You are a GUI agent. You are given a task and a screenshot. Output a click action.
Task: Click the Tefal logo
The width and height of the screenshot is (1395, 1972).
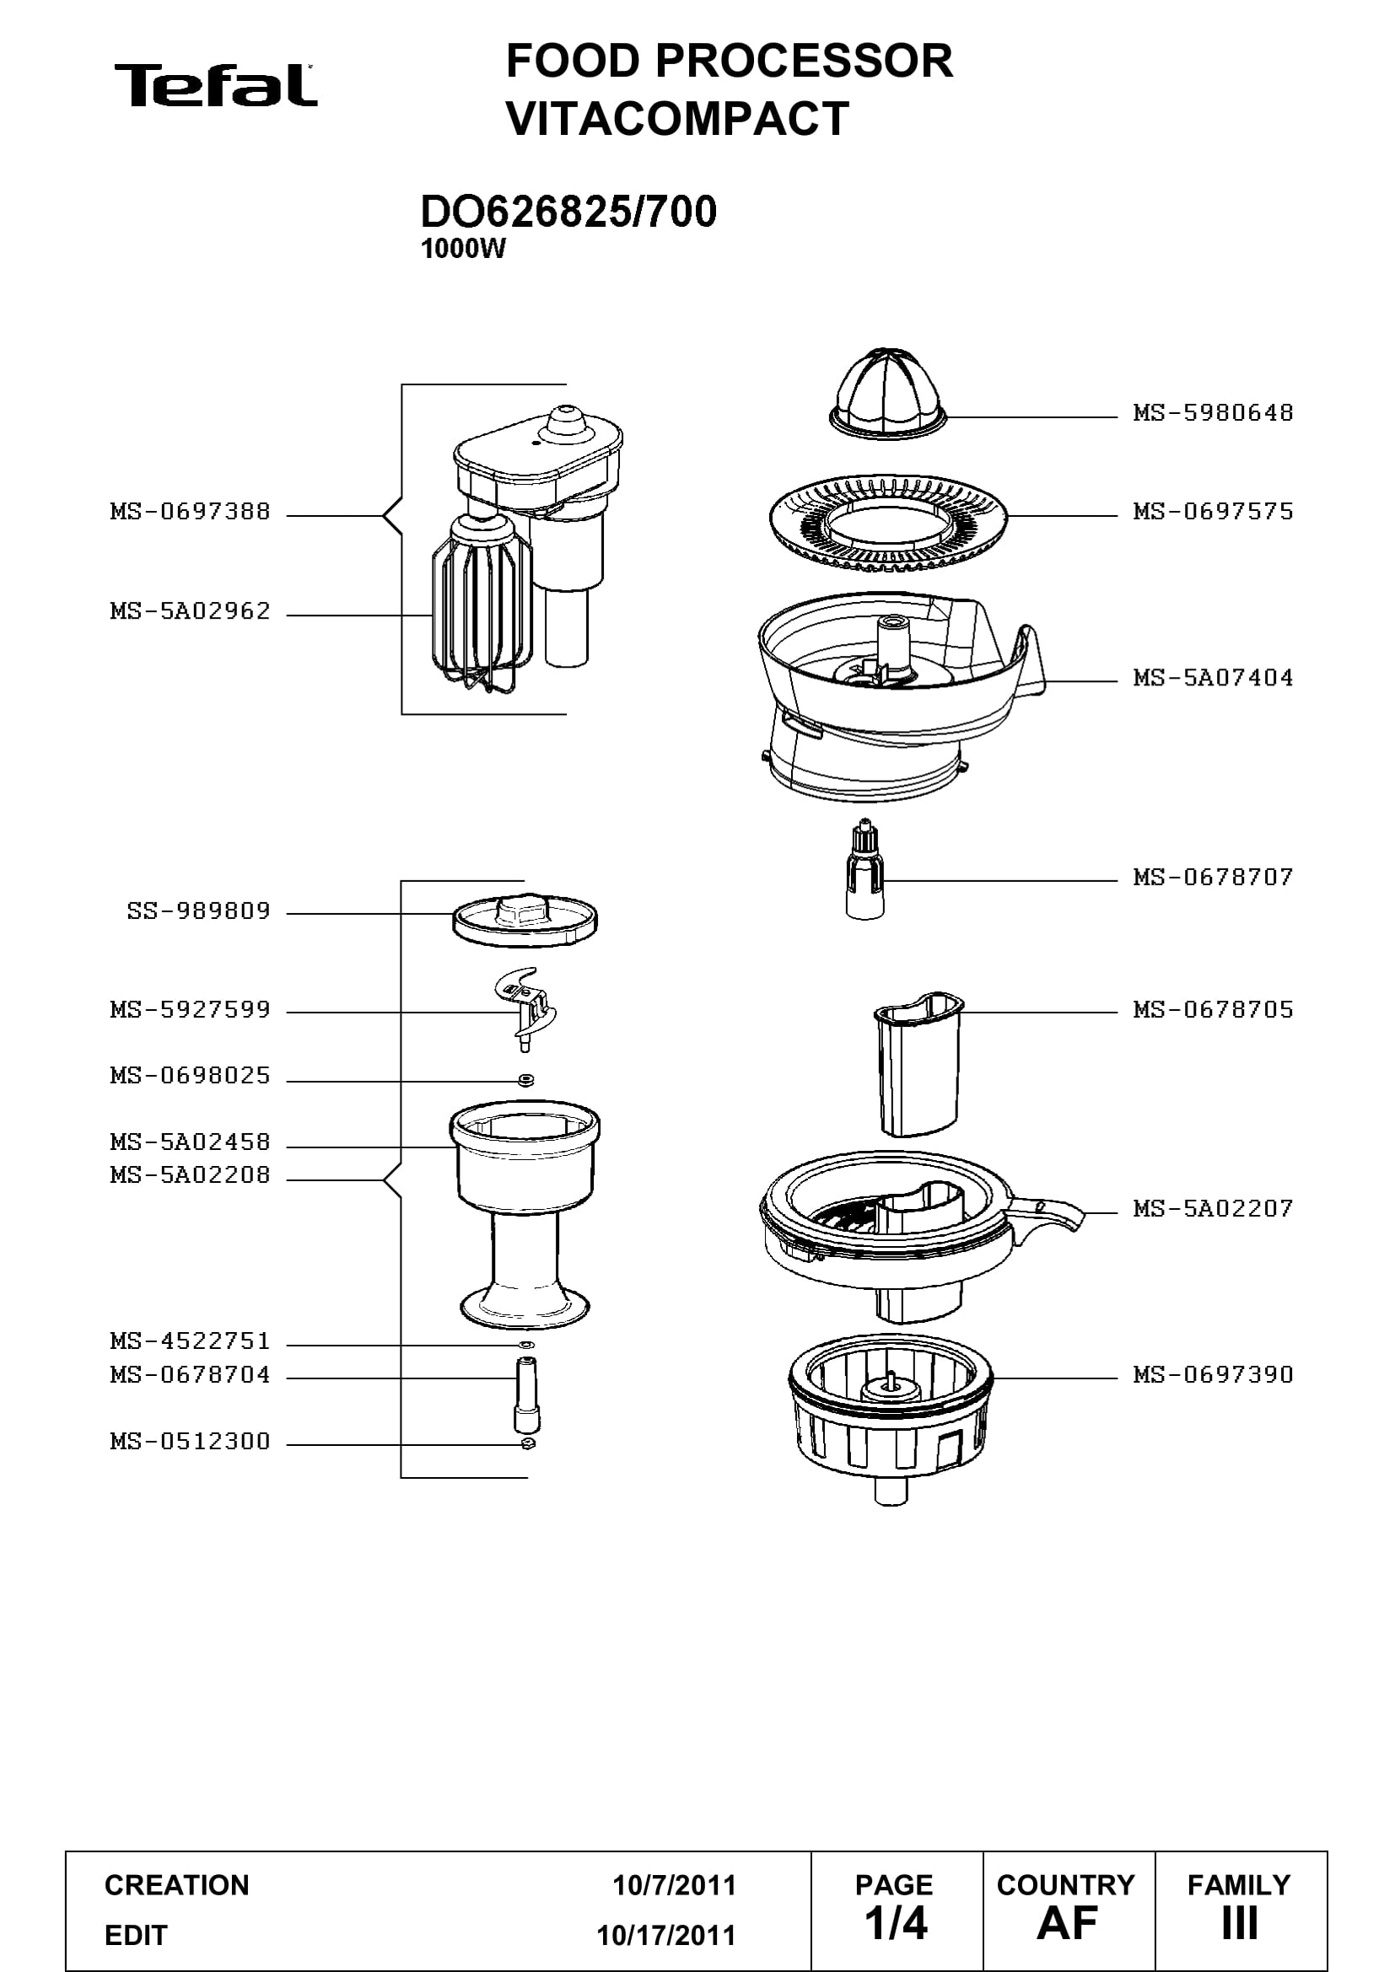click(x=216, y=85)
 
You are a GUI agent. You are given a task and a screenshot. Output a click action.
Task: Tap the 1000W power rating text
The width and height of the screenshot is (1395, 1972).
click(x=463, y=249)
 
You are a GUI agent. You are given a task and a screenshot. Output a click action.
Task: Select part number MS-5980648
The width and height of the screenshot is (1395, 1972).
click(x=1213, y=413)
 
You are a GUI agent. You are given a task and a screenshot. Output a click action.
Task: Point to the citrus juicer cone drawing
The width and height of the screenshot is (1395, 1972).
click(x=889, y=393)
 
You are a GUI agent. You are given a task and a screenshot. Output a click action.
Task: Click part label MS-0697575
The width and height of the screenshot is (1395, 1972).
click(x=1213, y=512)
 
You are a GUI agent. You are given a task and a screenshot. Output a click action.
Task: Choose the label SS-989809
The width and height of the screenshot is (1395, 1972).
click(x=198, y=911)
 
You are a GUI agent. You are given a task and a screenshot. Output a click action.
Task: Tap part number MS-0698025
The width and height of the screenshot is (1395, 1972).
click(x=190, y=1075)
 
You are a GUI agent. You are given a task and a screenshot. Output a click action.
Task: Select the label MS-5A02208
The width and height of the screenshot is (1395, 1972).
click(x=190, y=1175)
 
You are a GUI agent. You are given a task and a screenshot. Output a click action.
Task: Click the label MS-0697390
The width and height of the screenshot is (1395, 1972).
click(x=1213, y=1375)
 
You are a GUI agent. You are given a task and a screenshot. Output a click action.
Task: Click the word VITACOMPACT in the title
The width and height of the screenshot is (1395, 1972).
click(x=678, y=119)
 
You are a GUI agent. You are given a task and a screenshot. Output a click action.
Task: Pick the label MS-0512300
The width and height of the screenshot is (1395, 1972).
click(x=190, y=1441)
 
